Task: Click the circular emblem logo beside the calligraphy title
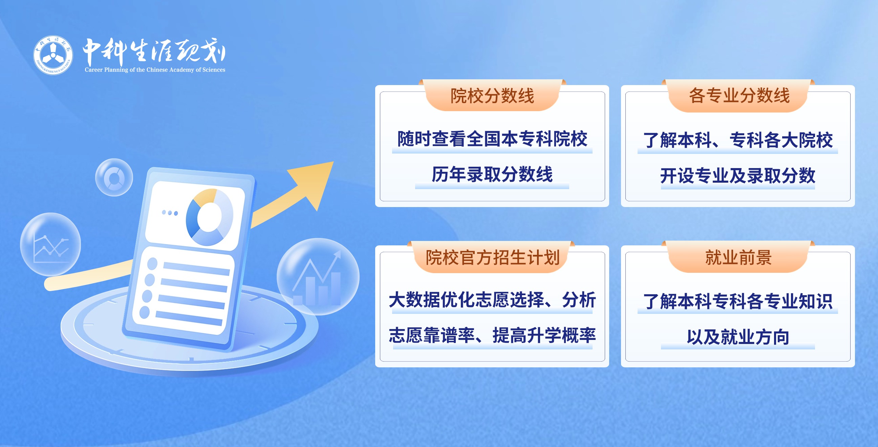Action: pos(53,55)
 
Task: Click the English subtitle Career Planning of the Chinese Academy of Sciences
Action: pos(155,69)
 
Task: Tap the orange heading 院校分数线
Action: pos(492,96)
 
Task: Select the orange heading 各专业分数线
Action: pos(739,95)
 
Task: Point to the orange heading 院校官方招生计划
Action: pos(493,257)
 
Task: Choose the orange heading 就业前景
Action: pos(738,257)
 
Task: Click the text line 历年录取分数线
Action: pos(492,175)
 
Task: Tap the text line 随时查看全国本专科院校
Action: pos(492,139)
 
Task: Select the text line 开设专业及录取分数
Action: pos(737,176)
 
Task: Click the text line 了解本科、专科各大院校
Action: pos(737,140)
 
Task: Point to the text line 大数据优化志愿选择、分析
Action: pos(492,300)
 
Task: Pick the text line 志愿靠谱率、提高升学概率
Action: pos(492,336)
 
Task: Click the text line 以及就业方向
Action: pos(738,337)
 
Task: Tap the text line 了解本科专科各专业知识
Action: pos(737,301)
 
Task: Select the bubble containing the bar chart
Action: pos(318,277)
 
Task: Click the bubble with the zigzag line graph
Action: pos(50,244)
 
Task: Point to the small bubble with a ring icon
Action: pos(114,177)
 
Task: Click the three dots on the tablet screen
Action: pos(170,213)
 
